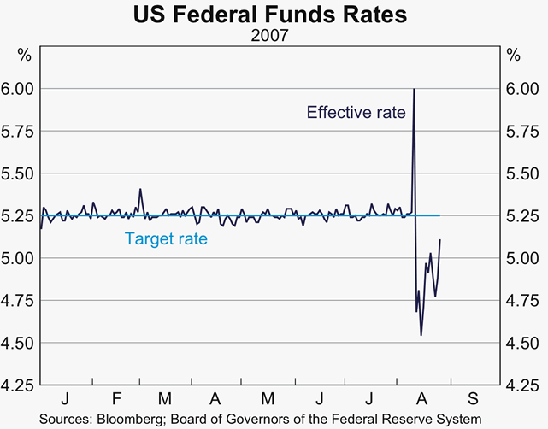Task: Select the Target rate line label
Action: [166, 239]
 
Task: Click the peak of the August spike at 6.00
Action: [414, 89]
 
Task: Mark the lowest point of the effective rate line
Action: [421, 335]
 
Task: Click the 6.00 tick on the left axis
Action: [18, 89]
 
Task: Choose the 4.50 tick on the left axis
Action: [18, 343]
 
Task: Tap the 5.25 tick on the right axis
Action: [522, 215]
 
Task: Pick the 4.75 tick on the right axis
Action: [522, 300]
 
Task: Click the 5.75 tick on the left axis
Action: [18, 131]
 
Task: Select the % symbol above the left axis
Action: [24, 56]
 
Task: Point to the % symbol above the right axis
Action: [513, 56]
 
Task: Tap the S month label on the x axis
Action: [473, 399]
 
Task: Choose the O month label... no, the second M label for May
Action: [268, 399]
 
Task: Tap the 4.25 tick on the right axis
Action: [522, 385]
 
